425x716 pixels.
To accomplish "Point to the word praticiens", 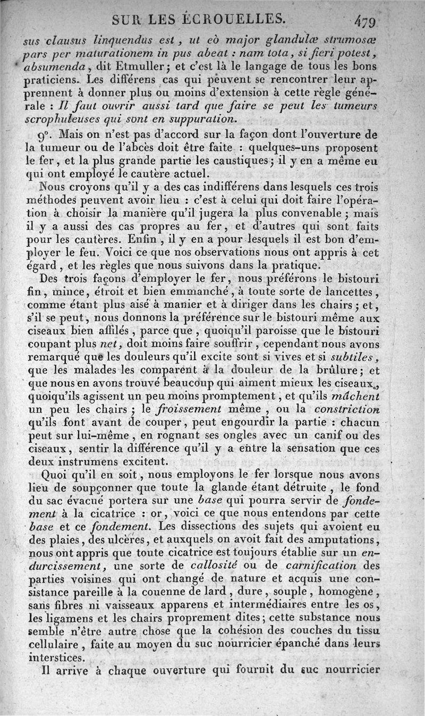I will coord(53,80).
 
